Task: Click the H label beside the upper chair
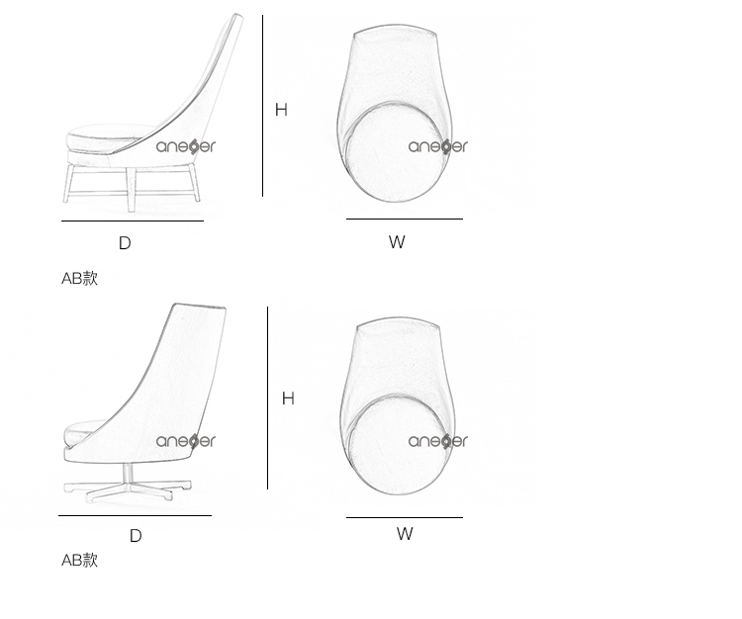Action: point(281,110)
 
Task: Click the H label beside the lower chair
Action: point(288,398)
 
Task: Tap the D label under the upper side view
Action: point(125,243)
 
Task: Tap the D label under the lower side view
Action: point(136,536)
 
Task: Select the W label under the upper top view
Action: point(397,242)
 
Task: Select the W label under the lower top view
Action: point(405,534)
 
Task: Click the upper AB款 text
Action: point(79,279)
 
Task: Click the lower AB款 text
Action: point(79,561)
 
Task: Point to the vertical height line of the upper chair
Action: point(262,106)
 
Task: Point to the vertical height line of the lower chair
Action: point(267,398)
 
